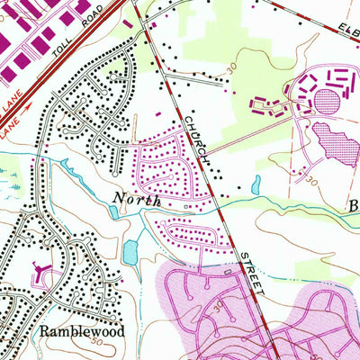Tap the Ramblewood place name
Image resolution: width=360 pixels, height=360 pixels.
tap(81, 331)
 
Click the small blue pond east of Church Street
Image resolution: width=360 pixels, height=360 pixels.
tap(257, 186)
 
